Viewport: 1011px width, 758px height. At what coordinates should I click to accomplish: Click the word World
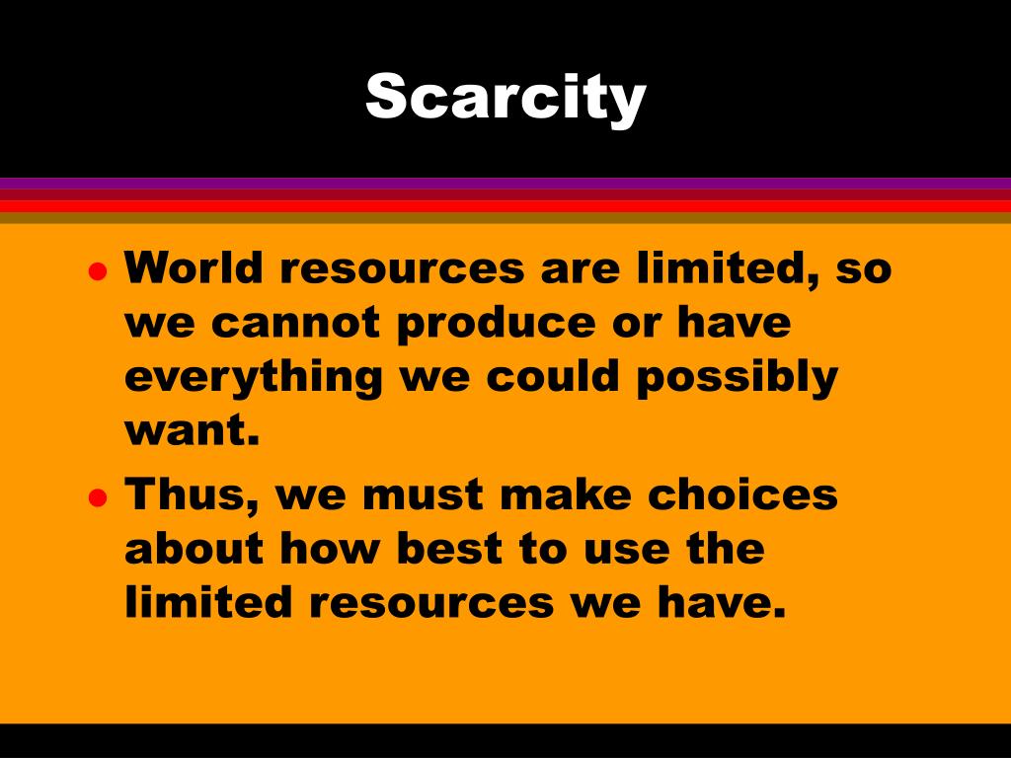click(194, 268)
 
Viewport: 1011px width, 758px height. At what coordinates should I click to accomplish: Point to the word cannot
click(297, 324)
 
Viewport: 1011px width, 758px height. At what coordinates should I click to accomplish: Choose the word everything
click(252, 378)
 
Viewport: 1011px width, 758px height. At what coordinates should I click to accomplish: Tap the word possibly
click(737, 378)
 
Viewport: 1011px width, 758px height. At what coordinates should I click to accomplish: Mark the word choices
click(742, 493)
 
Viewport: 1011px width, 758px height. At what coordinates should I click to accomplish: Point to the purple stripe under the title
click(505, 183)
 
